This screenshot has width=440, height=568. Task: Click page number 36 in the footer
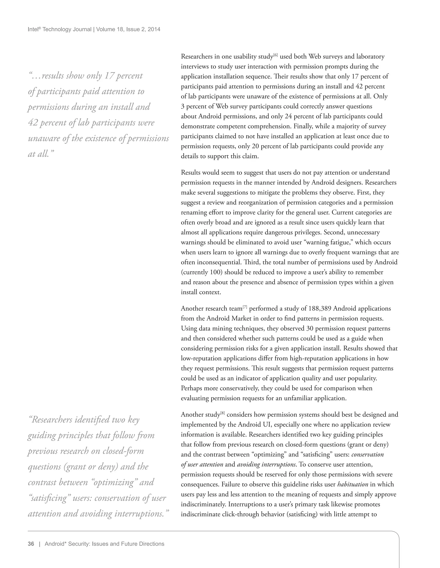coord(31,544)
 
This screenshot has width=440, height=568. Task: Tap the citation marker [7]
coord(245,307)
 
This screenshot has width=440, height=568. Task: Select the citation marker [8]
coord(223,413)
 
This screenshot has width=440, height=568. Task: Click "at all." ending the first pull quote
coord(41,154)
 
